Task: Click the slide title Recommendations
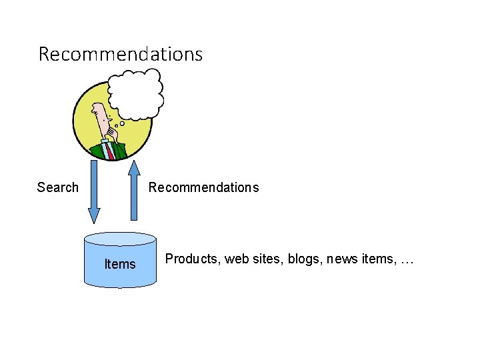coord(120,54)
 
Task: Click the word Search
coord(57,187)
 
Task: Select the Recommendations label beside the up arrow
coord(203,187)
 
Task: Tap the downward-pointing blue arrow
coord(94,190)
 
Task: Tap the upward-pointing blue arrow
coord(134,190)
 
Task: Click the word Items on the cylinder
coord(120,264)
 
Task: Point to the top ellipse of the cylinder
coord(120,239)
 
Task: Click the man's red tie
coord(111,151)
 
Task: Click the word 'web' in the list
coord(236,259)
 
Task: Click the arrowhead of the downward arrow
coord(94,215)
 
